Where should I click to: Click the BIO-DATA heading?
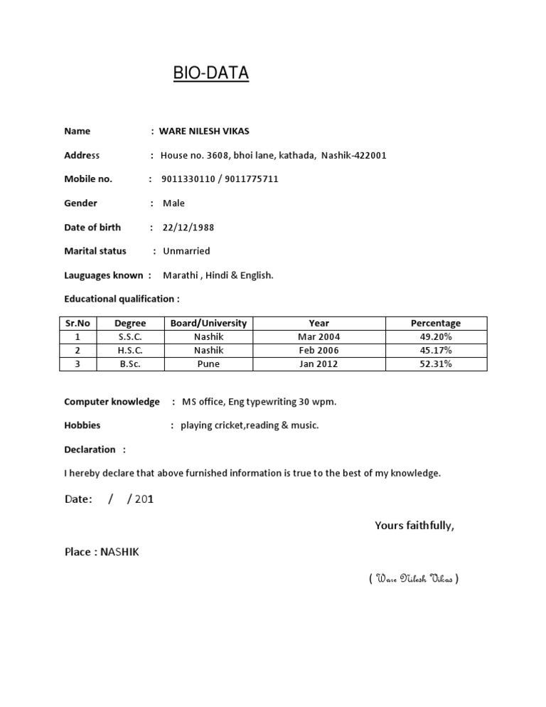(211, 73)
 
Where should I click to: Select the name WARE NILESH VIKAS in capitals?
(204, 132)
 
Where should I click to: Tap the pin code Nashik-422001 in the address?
(354, 156)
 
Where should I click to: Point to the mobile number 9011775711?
(252, 179)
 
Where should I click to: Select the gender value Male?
(173, 203)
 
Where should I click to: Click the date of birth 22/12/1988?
(188, 228)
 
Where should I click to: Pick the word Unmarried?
(186, 251)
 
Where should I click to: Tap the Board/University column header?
(208, 324)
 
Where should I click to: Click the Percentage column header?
(436, 324)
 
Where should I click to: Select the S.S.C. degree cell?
(130, 337)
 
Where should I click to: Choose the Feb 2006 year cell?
(318, 351)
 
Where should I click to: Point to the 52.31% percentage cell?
(436, 364)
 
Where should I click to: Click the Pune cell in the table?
(208, 364)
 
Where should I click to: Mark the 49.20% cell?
(436, 337)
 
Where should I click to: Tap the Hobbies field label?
(82, 425)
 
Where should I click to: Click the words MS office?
(203, 402)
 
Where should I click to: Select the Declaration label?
(90, 450)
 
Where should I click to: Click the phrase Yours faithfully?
(414, 526)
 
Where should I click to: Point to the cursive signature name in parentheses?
(414, 579)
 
